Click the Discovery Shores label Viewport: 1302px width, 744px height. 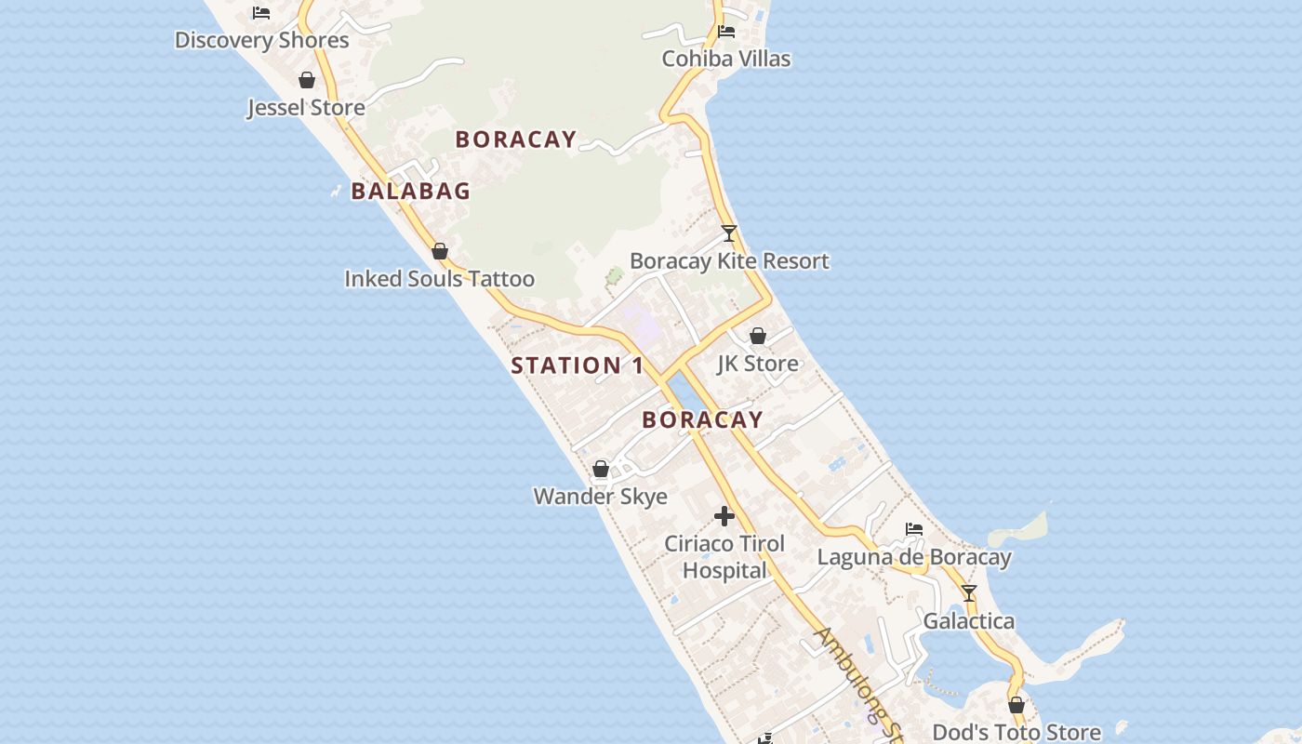(x=261, y=40)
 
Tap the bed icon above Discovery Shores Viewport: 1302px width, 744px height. (x=261, y=13)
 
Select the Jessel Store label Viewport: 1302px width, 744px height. (x=306, y=108)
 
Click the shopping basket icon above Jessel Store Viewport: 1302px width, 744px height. (x=307, y=81)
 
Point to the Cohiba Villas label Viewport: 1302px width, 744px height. (x=726, y=59)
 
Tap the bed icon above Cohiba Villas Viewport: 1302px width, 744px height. (x=726, y=32)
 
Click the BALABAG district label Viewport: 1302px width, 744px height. (x=410, y=192)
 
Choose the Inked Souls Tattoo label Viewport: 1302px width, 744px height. (x=439, y=279)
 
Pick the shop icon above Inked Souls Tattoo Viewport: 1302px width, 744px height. (x=440, y=252)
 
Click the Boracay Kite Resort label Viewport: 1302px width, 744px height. (x=729, y=261)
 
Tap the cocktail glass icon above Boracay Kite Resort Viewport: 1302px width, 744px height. (x=729, y=233)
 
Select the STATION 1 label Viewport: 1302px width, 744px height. (x=577, y=365)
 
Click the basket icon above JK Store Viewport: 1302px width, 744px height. (x=758, y=336)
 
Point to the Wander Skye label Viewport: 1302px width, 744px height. (x=600, y=497)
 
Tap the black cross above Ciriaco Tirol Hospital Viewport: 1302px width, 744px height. (x=724, y=516)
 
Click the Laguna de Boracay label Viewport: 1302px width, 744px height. (x=914, y=558)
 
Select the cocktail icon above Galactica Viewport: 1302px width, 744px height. (x=969, y=593)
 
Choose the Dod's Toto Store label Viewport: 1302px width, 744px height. (x=1016, y=733)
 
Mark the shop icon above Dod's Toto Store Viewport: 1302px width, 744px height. (x=1016, y=706)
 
